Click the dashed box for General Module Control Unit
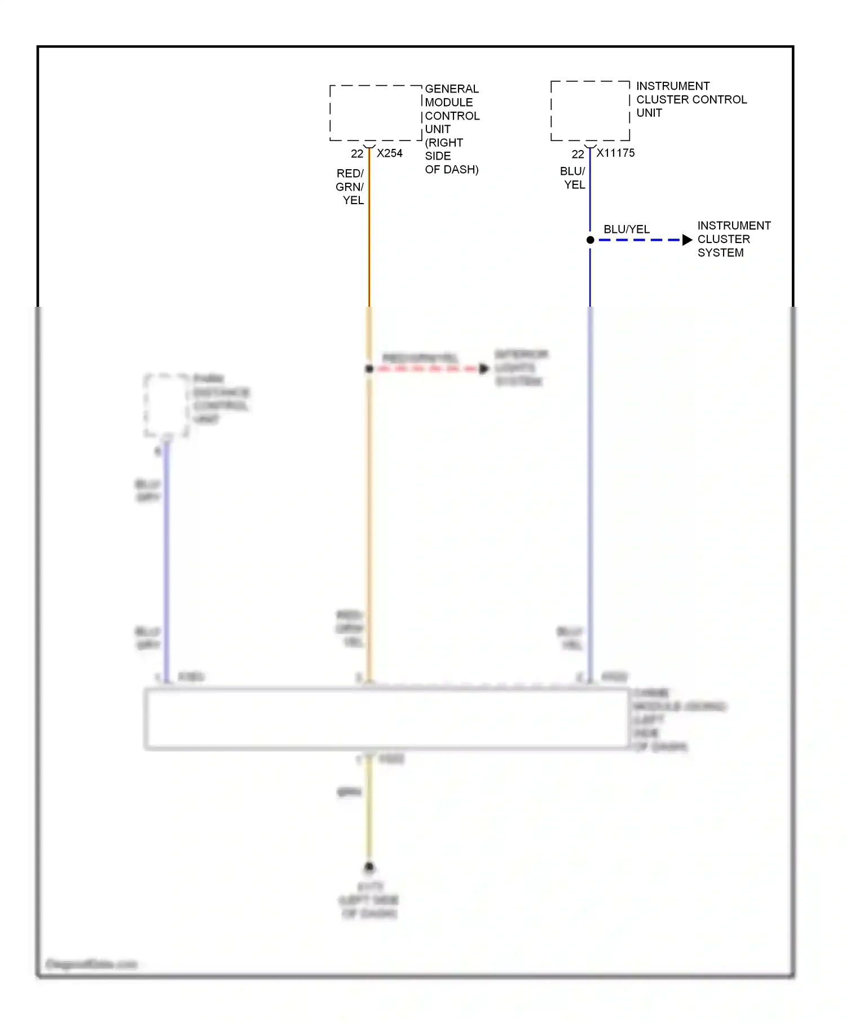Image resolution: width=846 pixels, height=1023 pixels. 376,113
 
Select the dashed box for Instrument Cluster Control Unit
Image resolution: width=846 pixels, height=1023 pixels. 590,111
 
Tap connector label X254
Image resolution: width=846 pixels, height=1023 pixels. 390,153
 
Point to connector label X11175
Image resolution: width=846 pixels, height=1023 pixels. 616,153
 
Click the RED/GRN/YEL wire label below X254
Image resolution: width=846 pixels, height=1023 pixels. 350,187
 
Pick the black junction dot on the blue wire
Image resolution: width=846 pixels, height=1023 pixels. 591,240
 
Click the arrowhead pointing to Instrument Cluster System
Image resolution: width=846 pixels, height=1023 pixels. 687,240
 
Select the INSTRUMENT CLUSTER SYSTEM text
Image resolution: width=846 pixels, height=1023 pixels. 733,239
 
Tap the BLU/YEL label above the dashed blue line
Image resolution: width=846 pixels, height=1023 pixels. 627,230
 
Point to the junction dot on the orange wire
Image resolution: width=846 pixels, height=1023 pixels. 369,369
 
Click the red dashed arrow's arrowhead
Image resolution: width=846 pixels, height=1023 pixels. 484,369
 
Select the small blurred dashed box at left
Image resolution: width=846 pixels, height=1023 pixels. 166,405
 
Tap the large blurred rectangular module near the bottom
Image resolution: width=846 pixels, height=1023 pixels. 386,719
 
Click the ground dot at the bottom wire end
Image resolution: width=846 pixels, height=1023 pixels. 369,867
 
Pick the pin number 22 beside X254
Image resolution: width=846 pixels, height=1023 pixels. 357,154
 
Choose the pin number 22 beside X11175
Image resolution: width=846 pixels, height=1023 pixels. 578,154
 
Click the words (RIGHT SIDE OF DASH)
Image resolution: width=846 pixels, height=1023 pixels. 451,156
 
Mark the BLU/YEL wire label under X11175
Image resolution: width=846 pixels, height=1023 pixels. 573,178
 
